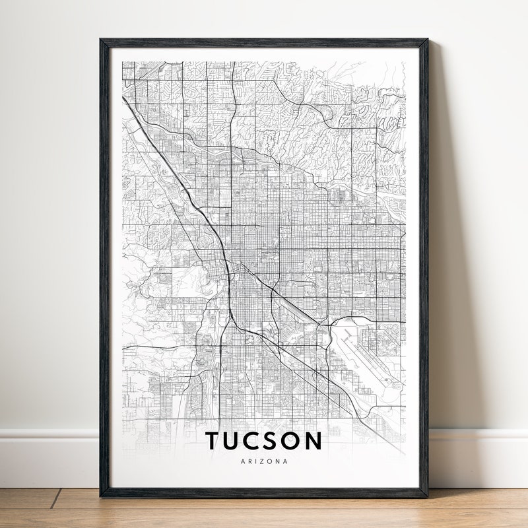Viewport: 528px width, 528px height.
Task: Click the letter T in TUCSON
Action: pyautogui.click(x=214, y=441)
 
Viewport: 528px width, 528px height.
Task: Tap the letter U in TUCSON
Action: pyautogui.click(x=236, y=441)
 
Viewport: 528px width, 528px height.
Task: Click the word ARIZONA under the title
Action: pyautogui.click(x=264, y=461)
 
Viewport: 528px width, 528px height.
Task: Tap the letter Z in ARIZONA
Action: pyautogui.click(x=264, y=461)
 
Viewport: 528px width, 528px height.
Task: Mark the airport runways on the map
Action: pyautogui.click(x=360, y=360)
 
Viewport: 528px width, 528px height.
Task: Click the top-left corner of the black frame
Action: pyautogui.click(x=101, y=40)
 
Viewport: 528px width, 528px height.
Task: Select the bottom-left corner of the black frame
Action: pyautogui.click(x=101, y=496)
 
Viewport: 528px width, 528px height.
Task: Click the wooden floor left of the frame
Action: pyautogui.click(x=46, y=508)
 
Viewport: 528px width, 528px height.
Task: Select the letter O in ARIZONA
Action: pyautogui.click(x=271, y=461)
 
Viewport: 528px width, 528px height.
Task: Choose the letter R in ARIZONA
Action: pyautogui.click(x=249, y=461)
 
